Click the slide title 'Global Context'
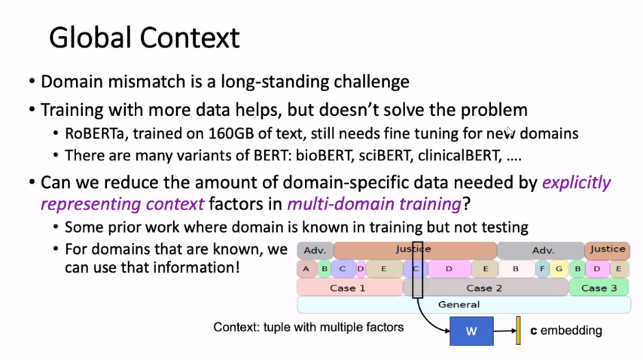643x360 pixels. coord(144,37)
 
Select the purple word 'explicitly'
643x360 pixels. coord(576,182)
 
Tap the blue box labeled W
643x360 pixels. coord(471,331)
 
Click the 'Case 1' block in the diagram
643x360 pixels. coord(348,288)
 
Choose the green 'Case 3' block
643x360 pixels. coord(599,288)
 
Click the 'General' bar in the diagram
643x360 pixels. coord(459,305)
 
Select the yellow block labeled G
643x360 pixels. coord(559,268)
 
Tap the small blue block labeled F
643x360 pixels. coord(542,268)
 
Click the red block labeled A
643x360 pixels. coord(306,268)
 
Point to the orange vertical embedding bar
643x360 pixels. coord(518,331)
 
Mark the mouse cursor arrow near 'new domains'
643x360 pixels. coord(510,132)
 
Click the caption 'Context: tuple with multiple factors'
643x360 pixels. coord(309,327)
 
